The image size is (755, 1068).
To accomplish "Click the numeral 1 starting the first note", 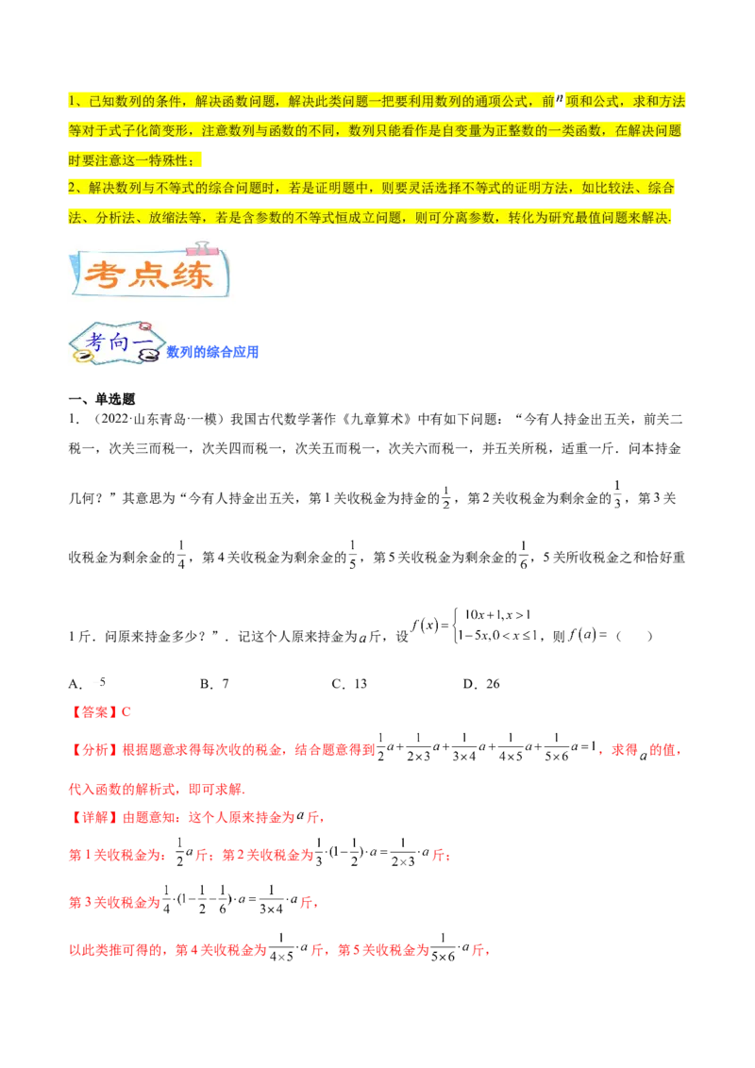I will [x=73, y=102].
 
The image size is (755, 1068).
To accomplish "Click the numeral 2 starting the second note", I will [x=73, y=189].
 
